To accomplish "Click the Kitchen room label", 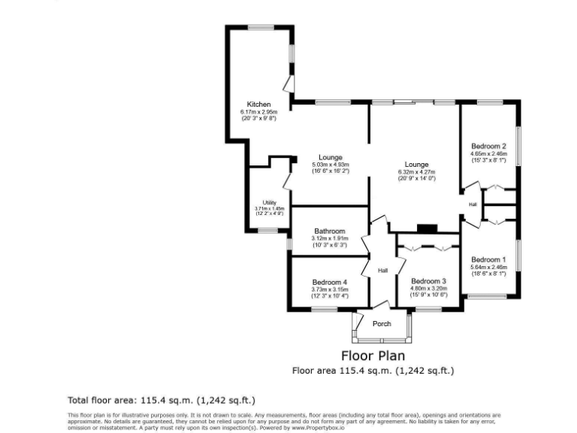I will tap(258, 104).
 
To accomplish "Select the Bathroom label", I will tap(329, 231).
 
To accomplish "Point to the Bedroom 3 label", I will tap(428, 280).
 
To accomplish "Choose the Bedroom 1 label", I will tap(488, 259).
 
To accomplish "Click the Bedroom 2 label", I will tap(488, 146).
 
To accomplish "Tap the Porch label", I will tap(382, 324).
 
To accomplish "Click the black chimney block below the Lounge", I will tap(427, 229).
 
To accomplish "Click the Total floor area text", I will tap(166, 400).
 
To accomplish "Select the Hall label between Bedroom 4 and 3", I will tap(382, 271).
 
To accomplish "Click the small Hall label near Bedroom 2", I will tap(473, 204).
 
